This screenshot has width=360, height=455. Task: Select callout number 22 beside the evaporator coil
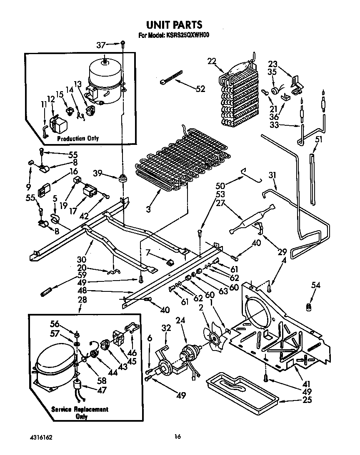click(212, 62)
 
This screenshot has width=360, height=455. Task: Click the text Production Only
click(78, 139)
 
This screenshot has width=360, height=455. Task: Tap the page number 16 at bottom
click(178, 437)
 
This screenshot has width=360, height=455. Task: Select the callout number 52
click(200, 89)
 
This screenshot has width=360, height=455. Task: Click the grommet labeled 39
click(123, 179)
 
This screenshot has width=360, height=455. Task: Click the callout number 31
click(272, 176)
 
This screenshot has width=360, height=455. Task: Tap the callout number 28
click(81, 300)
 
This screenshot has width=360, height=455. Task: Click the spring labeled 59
click(46, 292)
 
